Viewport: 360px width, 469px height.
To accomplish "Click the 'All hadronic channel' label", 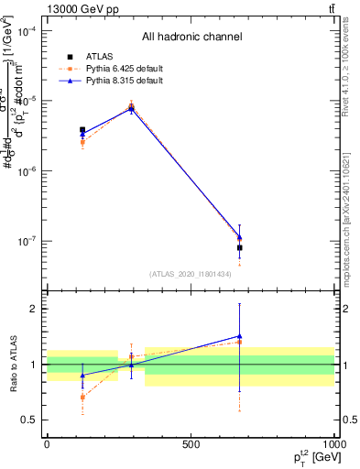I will tap(191, 38).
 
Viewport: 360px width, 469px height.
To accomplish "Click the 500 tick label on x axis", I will tap(191, 444).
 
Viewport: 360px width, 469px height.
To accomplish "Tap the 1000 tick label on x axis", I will tap(333, 444).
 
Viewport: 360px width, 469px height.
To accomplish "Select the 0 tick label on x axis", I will tap(47, 444).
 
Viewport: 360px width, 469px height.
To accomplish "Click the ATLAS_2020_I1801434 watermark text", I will tap(191, 274).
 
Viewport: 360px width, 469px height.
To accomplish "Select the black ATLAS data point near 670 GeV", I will tap(239, 247).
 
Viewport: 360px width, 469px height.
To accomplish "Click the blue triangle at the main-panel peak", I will tap(131, 108).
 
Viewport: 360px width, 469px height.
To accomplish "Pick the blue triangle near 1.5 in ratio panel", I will tap(239, 336).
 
